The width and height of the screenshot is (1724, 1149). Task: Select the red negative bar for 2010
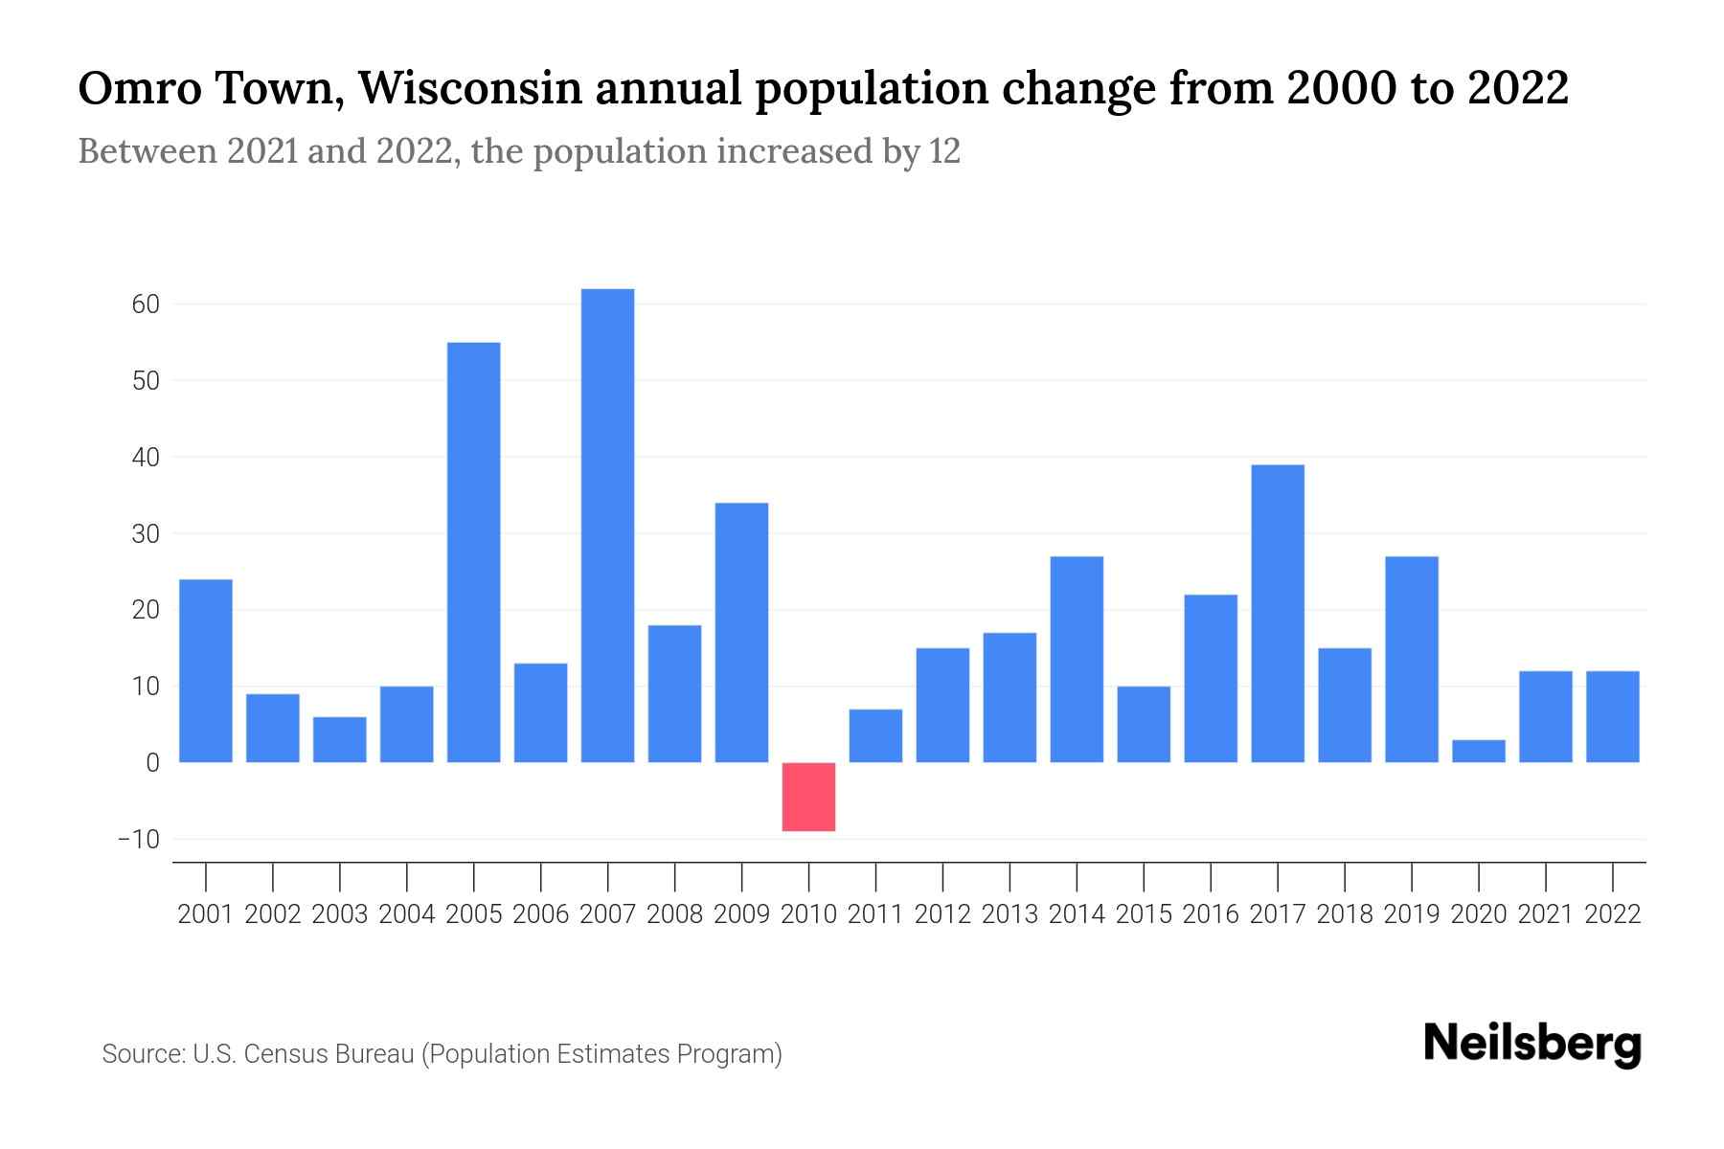pos(808,797)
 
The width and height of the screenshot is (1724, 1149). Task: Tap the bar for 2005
pos(473,552)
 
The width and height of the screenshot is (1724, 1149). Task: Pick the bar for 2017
pos(1278,613)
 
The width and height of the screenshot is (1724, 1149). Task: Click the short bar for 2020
pos(1478,751)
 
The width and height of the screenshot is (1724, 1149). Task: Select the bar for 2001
pos(206,670)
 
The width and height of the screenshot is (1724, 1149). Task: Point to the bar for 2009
pos(741,632)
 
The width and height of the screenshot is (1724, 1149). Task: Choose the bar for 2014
pos(1077,659)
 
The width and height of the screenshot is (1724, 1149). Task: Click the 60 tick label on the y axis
pos(146,304)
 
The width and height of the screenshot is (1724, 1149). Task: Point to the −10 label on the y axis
pos(138,840)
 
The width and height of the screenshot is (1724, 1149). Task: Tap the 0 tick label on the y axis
pos(152,763)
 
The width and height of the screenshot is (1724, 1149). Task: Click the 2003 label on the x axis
pos(340,914)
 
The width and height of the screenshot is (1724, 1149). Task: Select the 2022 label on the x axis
pos(1613,914)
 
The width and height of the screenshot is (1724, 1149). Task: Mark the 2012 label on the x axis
pos(942,914)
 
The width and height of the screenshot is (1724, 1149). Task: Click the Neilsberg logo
pos(1532,1044)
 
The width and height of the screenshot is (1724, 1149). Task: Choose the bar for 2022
pos(1613,716)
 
